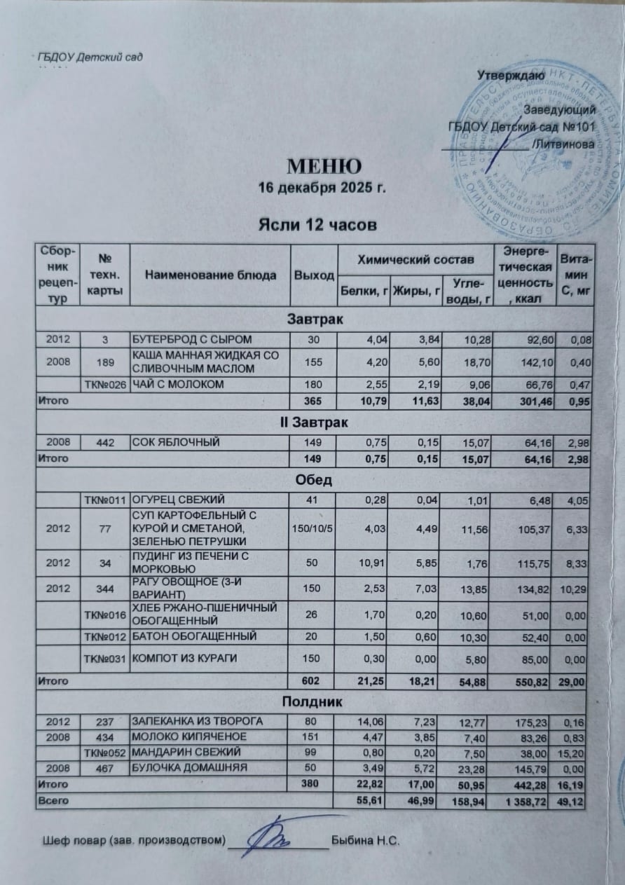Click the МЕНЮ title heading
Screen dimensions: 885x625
pos(323,167)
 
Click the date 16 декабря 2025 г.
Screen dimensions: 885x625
pos(322,189)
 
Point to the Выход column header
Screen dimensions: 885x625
pos(314,275)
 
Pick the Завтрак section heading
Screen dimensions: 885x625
pos(315,320)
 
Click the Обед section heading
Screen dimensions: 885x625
pos(315,481)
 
